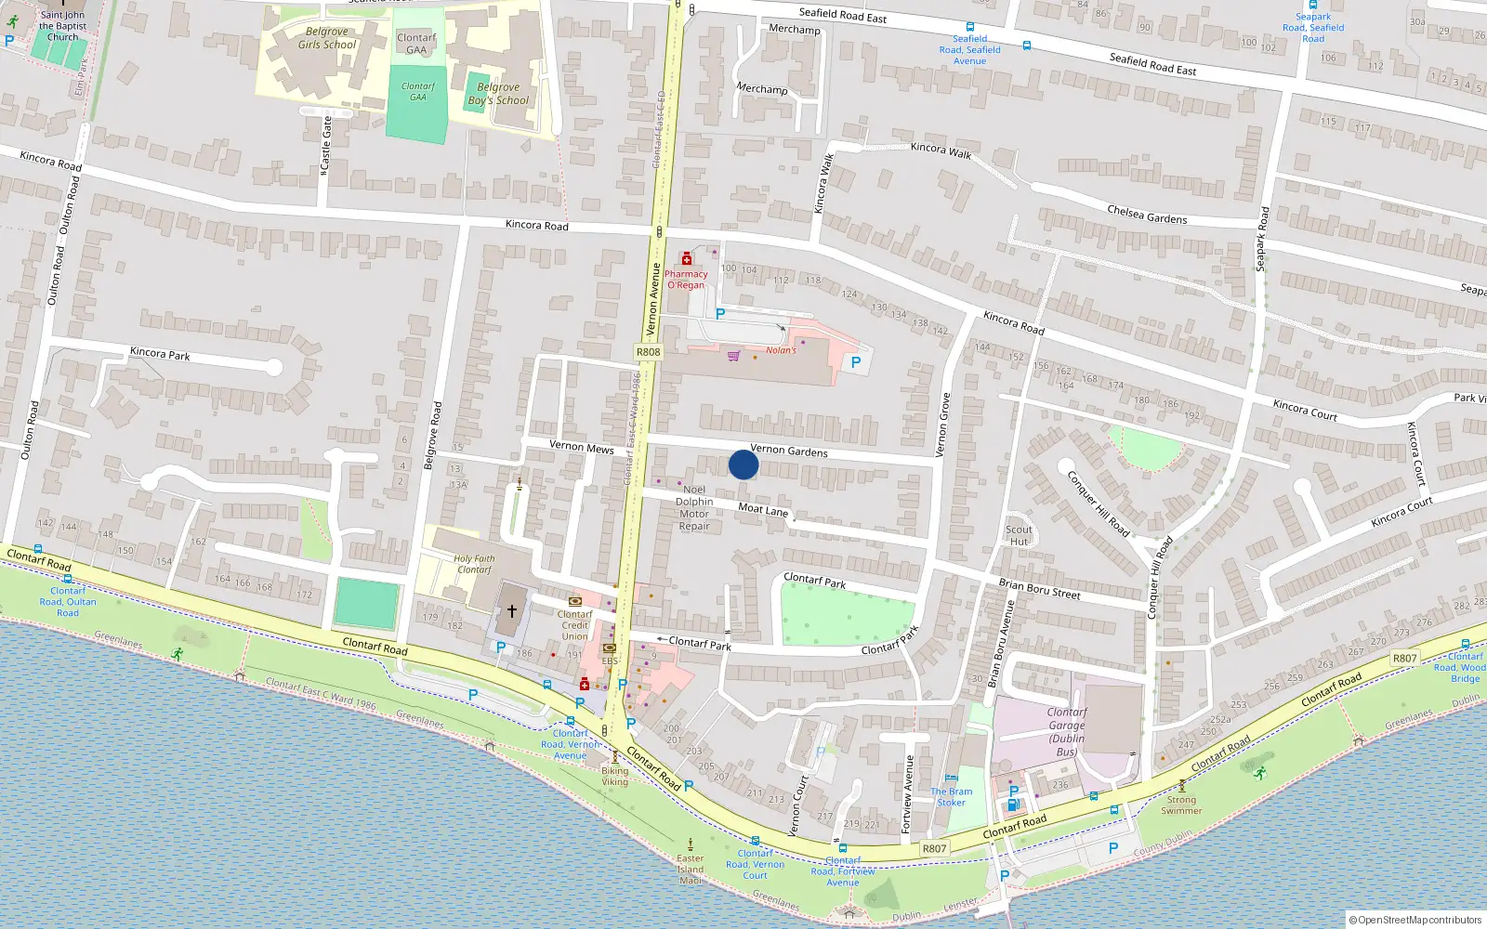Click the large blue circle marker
[x=743, y=464]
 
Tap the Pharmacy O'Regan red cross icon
[x=687, y=259]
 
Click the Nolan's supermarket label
[x=781, y=350]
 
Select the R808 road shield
[x=648, y=352]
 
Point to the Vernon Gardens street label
[x=789, y=451]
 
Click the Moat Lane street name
[x=763, y=509]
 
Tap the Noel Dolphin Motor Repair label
[x=694, y=508]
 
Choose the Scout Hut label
[x=1019, y=536]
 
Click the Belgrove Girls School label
[x=327, y=38]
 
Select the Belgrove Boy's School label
[x=498, y=94]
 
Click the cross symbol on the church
[x=511, y=611]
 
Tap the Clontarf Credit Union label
[x=574, y=625]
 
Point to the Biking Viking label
[x=614, y=776]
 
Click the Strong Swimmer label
[x=1181, y=805]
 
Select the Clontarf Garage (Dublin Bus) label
[x=1067, y=732]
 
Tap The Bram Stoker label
[x=952, y=797]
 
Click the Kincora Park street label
[x=160, y=353]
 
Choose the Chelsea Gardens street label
[x=1147, y=215]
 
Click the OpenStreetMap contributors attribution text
[x=1419, y=920]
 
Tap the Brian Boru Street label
[x=1039, y=588]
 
